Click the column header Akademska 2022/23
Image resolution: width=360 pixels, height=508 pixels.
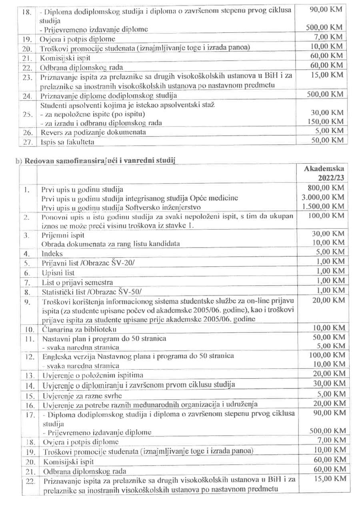pos(324,173)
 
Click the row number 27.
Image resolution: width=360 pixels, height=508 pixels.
pos(27,142)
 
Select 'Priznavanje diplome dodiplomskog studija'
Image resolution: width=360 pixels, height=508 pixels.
pos(108,96)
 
